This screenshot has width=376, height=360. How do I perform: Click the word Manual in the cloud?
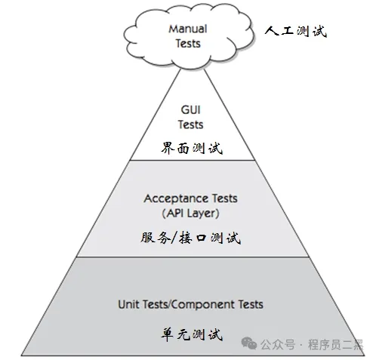(188, 29)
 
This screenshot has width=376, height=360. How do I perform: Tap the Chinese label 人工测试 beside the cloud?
(296, 32)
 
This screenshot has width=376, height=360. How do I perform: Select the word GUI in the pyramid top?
(190, 109)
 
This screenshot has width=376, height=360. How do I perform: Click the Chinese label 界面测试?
(192, 148)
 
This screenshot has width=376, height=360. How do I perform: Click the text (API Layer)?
(190, 214)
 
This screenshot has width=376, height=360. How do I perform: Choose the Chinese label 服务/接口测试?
(190, 238)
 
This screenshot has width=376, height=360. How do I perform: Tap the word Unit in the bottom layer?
(128, 304)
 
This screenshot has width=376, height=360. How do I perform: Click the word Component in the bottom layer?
(203, 304)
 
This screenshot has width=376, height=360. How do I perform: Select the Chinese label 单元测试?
(192, 334)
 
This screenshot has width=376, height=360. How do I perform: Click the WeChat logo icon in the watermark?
(249, 343)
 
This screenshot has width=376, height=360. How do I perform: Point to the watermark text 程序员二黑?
(335, 344)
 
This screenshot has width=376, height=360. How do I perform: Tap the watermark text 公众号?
(278, 344)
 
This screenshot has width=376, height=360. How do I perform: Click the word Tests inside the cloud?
(188, 44)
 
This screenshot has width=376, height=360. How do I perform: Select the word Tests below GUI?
(190, 125)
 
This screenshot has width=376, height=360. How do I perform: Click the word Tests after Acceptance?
(221, 198)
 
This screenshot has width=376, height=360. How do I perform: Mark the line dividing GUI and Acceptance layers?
(193, 160)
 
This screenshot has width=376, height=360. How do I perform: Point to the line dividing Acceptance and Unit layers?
(193, 257)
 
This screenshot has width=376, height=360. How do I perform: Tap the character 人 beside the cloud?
(272, 32)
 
